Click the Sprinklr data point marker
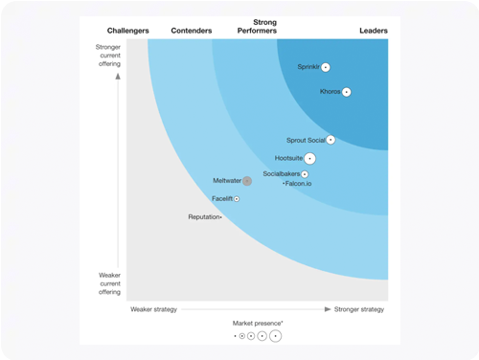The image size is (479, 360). (x=326, y=67)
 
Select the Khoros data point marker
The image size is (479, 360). (x=347, y=92)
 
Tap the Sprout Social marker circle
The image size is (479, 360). (x=331, y=140)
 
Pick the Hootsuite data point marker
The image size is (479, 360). (x=309, y=158)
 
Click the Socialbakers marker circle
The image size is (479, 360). (x=305, y=174)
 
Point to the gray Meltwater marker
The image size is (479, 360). (x=246, y=181)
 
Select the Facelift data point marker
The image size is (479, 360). (x=237, y=199)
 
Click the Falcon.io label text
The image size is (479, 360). (x=299, y=184)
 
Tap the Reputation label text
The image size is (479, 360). (x=203, y=217)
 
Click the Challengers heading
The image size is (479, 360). (x=128, y=31)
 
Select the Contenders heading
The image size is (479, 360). (x=192, y=31)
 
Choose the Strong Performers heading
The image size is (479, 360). (x=258, y=26)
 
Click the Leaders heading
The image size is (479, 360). (x=374, y=31)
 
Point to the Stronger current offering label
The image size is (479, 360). (x=108, y=56)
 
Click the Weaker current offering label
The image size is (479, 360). (x=109, y=283)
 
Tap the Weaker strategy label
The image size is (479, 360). (x=154, y=309)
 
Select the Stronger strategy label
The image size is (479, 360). (x=359, y=309)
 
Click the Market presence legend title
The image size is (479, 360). (x=257, y=324)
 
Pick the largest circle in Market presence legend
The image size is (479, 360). (x=276, y=336)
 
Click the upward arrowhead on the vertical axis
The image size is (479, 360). (x=119, y=76)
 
